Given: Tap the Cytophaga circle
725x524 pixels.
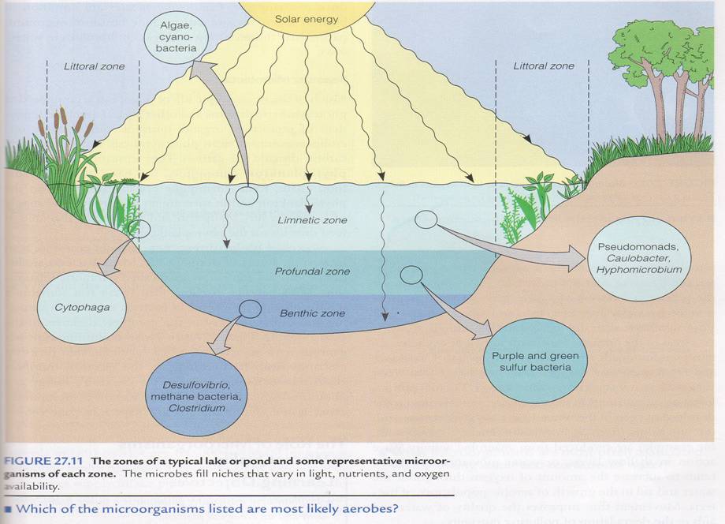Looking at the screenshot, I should (x=82, y=307).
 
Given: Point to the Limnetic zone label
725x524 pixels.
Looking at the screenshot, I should (x=312, y=220).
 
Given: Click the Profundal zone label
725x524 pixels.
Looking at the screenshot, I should (x=312, y=271).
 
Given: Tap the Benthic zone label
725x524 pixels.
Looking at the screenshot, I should (x=312, y=313).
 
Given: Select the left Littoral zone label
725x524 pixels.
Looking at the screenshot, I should (x=94, y=66).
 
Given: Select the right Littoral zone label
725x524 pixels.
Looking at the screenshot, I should (x=544, y=66).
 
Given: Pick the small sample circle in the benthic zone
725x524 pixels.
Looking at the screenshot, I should (x=250, y=309).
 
